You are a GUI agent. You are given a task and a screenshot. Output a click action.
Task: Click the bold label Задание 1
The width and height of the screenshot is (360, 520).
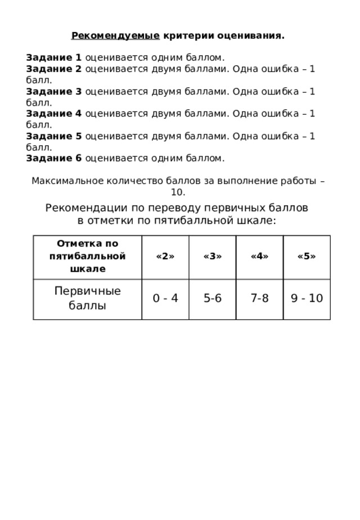point(54,57)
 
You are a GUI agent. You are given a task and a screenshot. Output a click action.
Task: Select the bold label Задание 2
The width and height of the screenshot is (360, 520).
point(54,69)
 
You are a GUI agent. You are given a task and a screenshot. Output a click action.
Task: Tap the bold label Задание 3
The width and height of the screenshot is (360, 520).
point(54,91)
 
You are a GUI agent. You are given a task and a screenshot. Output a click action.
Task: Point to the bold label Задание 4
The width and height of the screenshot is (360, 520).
point(54,114)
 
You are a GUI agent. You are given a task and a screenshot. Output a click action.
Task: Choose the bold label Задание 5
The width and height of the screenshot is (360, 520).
point(54,136)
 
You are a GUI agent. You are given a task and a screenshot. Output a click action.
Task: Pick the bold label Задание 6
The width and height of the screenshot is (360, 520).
point(54,159)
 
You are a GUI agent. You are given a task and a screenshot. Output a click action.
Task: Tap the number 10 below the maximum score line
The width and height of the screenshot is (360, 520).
point(178,192)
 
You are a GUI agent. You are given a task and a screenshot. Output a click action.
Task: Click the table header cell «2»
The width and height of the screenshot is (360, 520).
point(164,257)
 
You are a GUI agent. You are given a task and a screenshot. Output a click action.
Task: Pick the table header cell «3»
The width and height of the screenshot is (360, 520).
point(211,257)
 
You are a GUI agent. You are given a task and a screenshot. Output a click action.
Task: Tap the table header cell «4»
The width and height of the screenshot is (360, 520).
point(259,257)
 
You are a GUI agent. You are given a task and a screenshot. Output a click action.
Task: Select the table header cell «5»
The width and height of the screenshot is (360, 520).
point(306,257)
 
